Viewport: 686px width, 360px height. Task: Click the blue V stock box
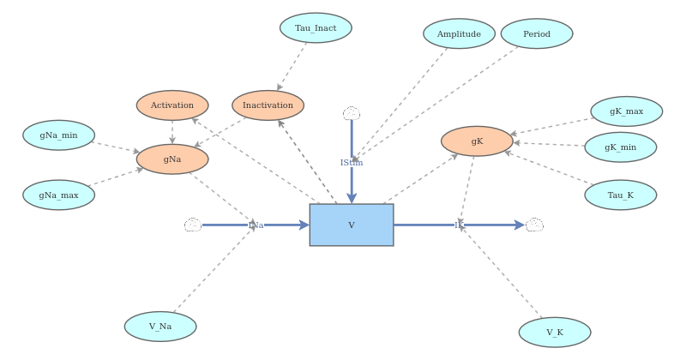pos(352,225)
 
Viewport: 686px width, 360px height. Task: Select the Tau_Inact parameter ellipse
pos(316,28)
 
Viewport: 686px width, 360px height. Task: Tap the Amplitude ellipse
pos(459,34)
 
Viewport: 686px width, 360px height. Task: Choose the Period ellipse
pos(537,34)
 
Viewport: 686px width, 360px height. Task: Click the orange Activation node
pos(172,105)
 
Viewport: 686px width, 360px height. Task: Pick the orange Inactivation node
pos(268,105)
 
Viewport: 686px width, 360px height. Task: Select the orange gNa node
pos(172,159)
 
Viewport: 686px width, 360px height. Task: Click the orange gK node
pos(477,141)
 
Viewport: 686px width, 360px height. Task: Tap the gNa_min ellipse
pos(58,135)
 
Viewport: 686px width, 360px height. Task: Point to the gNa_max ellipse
pos(58,195)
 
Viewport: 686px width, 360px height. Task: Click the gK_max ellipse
pos(626,111)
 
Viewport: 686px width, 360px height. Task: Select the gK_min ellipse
pos(620,147)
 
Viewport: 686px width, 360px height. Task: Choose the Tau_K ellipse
pos(620,195)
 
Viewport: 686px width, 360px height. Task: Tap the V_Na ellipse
pos(160,327)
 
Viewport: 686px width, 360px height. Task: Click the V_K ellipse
pos(555,333)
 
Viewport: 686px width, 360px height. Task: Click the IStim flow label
pos(352,163)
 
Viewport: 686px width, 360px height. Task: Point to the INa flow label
pos(256,225)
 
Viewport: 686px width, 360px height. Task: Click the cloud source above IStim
pos(352,114)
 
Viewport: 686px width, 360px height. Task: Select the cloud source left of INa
pos(193,225)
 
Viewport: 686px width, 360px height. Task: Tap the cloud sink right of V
pos(534,225)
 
